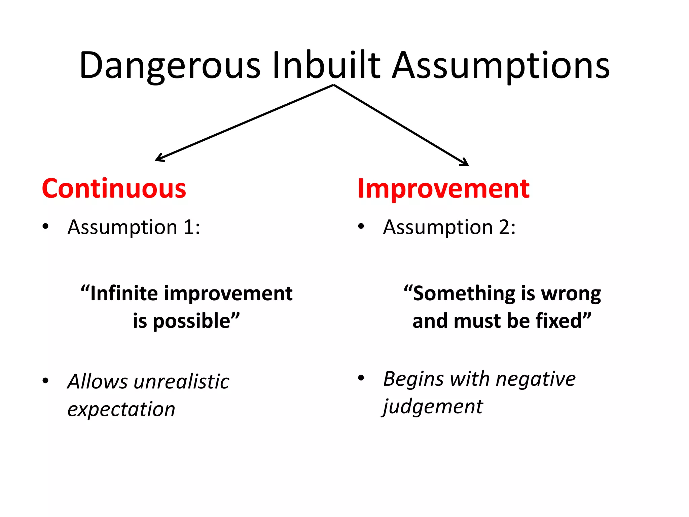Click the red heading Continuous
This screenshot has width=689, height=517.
click(114, 189)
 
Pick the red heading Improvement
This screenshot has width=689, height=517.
click(443, 189)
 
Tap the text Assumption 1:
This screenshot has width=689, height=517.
click(134, 227)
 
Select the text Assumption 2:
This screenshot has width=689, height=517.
click(449, 227)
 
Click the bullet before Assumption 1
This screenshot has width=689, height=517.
click(45, 226)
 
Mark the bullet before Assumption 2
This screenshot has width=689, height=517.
click(361, 226)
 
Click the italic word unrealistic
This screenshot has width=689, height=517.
click(181, 382)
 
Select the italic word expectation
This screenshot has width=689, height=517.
click(121, 410)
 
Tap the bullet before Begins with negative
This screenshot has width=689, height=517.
click(361, 378)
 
